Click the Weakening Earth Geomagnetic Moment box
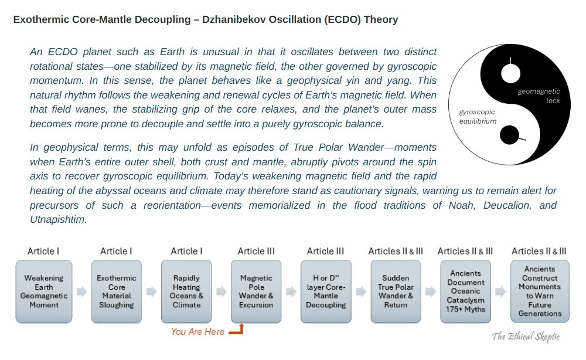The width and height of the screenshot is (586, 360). (x=44, y=291)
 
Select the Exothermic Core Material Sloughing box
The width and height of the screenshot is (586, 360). (x=117, y=291)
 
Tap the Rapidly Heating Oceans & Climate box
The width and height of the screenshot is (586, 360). (x=186, y=291)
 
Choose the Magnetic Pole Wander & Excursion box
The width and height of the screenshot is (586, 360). (x=256, y=291)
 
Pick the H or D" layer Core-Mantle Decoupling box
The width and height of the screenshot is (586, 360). (x=326, y=291)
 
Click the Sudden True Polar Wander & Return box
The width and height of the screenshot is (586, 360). (x=396, y=291)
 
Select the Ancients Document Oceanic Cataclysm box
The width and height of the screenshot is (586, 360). (x=465, y=291)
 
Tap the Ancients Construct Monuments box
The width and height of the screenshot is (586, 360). (x=540, y=291)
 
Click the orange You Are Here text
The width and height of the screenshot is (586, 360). (x=197, y=332)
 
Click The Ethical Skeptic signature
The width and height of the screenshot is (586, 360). (x=526, y=337)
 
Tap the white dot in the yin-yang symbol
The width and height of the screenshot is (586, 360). (x=510, y=74)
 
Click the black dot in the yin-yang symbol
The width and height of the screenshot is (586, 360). (x=509, y=135)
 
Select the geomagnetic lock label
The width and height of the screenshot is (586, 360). (x=539, y=96)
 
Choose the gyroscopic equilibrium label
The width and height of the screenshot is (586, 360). (x=478, y=116)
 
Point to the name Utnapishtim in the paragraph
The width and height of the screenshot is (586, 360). (x=58, y=219)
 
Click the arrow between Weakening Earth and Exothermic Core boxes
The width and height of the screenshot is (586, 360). (x=82, y=291)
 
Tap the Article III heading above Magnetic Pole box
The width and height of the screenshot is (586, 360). (x=256, y=251)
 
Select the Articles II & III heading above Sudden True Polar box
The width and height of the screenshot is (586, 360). (x=396, y=251)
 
